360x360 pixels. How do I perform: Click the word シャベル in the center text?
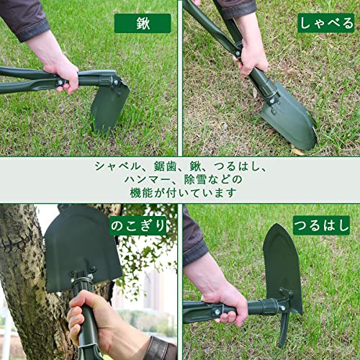coord(116,166)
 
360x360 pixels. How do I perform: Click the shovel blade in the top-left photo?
coord(109,104)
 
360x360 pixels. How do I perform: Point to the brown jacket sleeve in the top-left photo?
coord(22,18)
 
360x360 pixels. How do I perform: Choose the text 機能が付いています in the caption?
coord(180,194)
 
